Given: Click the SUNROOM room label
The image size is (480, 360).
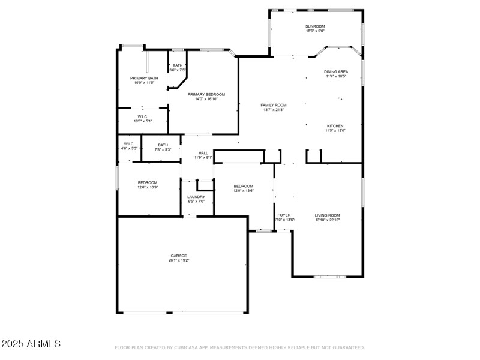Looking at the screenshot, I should pyautogui.click(x=315, y=26).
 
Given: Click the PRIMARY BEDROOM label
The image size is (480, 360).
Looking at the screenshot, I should pyautogui.click(x=206, y=94).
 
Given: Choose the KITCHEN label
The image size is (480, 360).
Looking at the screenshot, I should pyautogui.click(x=335, y=126).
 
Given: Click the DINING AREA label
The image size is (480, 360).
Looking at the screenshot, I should pyautogui.click(x=337, y=72).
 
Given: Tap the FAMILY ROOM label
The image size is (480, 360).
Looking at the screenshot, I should pyautogui.click(x=273, y=105).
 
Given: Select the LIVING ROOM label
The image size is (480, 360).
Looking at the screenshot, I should pyautogui.click(x=328, y=215).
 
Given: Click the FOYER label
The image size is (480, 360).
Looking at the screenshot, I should pyautogui.click(x=284, y=215).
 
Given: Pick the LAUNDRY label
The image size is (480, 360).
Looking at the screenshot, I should pyautogui.click(x=196, y=197).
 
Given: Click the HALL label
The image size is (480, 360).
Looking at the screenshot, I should pyautogui.click(x=203, y=153).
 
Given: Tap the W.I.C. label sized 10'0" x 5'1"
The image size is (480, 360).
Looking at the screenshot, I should pyautogui.click(x=143, y=117).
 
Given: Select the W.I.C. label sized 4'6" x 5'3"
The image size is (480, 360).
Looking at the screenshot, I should pyautogui.click(x=129, y=144).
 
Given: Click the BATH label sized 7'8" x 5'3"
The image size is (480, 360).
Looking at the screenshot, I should pyautogui.click(x=163, y=145).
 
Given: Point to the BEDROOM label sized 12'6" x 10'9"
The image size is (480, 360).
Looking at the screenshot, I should pyautogui.click(x=148, y=182).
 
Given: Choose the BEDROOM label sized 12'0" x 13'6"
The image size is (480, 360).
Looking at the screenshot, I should pyautogui.click(x=243, y=186).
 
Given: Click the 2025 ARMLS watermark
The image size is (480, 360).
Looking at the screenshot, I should pyautogui.click(x=31, y=344).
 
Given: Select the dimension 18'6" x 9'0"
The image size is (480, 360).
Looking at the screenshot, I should pyautogui.click(x=315, y=31).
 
